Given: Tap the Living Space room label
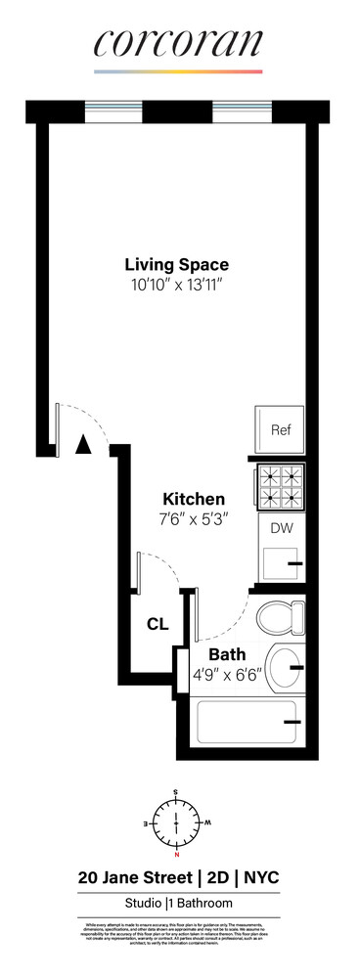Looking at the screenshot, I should point(176,264).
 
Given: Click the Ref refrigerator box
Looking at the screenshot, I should point(281,430).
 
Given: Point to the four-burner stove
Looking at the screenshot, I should point(281,485).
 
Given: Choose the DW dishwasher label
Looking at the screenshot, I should point(281,529).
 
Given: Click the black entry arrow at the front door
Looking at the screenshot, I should point(84,445).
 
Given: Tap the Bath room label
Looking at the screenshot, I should point(226,653).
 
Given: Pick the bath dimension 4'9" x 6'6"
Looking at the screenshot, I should point(226,674).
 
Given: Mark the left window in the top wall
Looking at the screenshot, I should point(113,111).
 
